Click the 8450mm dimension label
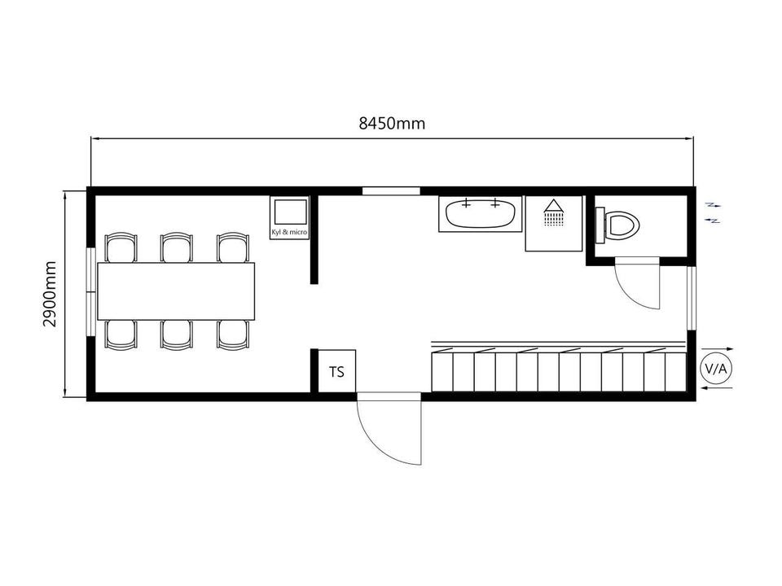tap(392, 123)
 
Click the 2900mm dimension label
tap(51, 294)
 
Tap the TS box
tap(336, 371)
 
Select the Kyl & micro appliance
tap(289, 218)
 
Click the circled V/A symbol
tap(716, 369)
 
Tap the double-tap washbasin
tap(481, 214)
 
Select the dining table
tap(176, 291)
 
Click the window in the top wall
tap(391, 190)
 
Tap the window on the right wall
tap(692, 299)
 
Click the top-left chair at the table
tap(121, 247)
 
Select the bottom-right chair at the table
tap(233, 335)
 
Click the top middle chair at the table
tap(177, 247)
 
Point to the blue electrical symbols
tap(714, 212)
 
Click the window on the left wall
tap(90, 291)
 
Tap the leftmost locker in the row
tap(442, 371)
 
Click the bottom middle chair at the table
tap(177, 335)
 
